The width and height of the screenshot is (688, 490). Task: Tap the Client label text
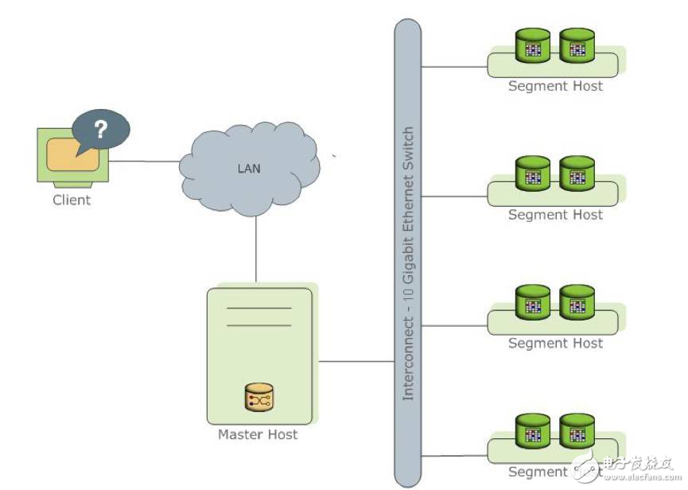coord(72,200)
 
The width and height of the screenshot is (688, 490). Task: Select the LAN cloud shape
coord(249,169)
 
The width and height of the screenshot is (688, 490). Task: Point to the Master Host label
coord(258,434)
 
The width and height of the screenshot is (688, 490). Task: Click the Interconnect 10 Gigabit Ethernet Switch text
coord(408,262)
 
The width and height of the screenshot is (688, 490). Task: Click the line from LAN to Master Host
coord(256,247)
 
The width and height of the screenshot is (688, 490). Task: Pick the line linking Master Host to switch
coord(356,361)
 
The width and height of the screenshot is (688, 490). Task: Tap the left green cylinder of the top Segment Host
coord(533,46)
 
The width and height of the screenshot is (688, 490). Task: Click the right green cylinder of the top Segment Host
coord(577,46)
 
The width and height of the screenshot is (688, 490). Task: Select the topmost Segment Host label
coord(555,86)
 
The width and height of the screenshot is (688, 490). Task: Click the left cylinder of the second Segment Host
coord(533,173)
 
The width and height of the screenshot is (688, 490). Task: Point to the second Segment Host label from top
coord(555,215)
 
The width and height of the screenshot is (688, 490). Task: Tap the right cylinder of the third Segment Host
coord(577,302)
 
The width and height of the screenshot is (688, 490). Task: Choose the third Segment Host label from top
coord(555,344)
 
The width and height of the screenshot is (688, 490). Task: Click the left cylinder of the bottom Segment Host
coord(533,431)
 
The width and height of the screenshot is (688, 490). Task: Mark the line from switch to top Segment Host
coord(453,67)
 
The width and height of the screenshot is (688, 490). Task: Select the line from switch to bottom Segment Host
coord(453,454)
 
